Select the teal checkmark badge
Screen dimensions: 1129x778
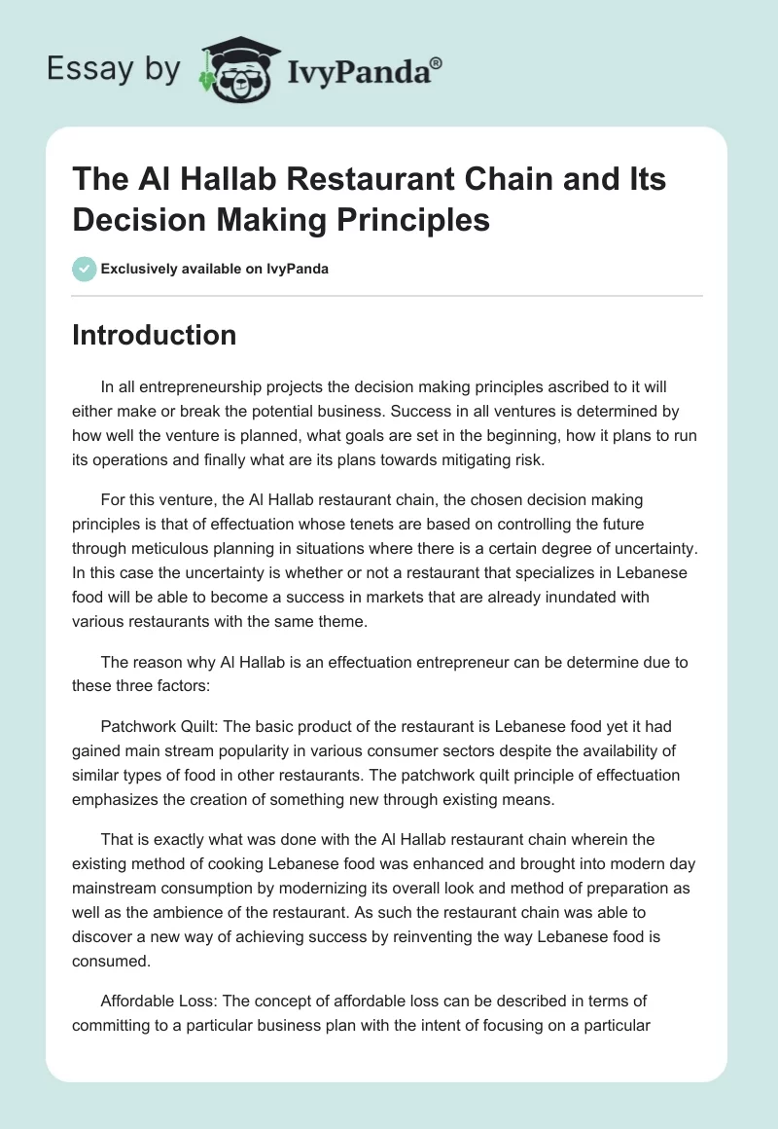[x=84, y=269]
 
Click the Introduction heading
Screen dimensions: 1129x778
[x=154, y=335]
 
